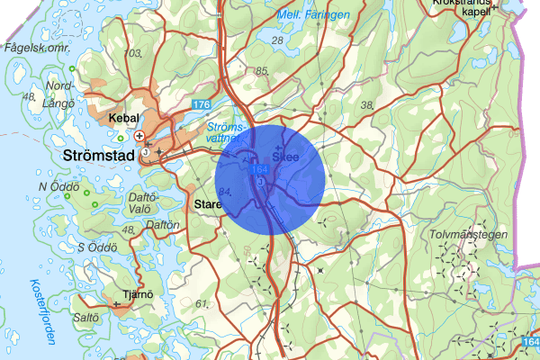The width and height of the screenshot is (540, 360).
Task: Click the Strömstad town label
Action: coord(99,156)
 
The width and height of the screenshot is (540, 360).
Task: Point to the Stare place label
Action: coord(207,204)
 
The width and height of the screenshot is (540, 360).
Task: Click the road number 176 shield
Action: coord(201,106)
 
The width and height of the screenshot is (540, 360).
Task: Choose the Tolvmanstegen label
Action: coord(470,235)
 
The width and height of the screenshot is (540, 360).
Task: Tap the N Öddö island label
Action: coord(54,186)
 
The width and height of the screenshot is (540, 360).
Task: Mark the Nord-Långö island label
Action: coord(60,93)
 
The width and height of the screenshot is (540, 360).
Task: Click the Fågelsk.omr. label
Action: coord(36,47)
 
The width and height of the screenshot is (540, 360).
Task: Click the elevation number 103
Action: coord(135,55)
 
